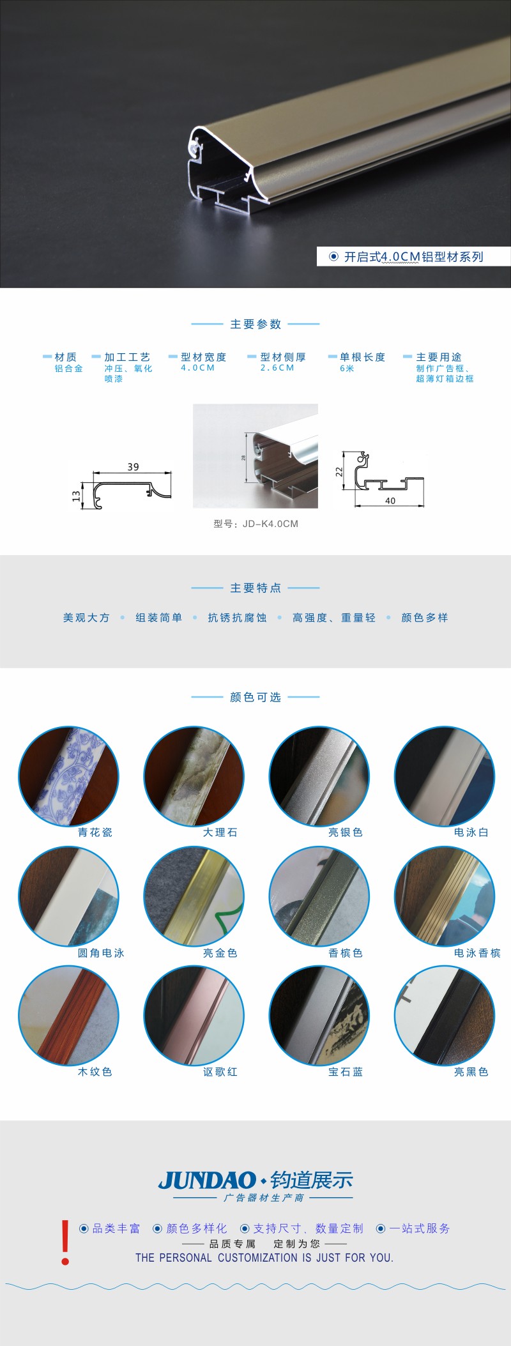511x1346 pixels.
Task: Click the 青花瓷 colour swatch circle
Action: [x=68, y=776]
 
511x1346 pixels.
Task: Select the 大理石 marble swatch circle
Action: [x=194, y=776]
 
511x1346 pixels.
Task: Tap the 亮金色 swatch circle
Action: [x=194, y=896]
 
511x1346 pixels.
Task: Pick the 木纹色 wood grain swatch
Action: [x=68, y=1016]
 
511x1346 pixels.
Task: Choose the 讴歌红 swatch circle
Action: [x=194, y=1016]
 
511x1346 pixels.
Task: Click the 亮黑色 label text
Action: [x=471, y=1071]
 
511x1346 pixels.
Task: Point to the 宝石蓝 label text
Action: [x=346, y=1071]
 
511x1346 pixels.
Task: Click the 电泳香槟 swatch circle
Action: [x=445, y=896]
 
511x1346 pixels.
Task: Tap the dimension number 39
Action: [x=133, y=467]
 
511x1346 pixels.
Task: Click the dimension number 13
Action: [x=76, y=496]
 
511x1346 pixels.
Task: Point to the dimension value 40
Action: [x=390, y=501]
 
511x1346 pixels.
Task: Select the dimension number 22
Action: [x=339, y=471]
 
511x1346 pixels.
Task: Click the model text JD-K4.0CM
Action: [x=270, y=524]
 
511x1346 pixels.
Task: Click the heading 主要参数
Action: [x=256, y=324]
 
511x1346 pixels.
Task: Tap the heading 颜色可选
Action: [x=256, y=697]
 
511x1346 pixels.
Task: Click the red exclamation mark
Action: [x=65, y=1242]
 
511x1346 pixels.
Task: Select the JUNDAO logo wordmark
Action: [x=207, y=1181]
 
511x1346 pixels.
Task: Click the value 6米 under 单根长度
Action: [x=347, y=369]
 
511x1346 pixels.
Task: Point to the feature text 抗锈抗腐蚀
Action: [x=237, y=618]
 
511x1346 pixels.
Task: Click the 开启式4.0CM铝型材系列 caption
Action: [x=413, y=257]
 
